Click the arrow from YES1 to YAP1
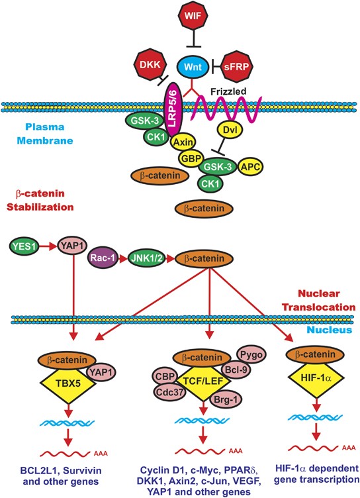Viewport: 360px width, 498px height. click(50, 246)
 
